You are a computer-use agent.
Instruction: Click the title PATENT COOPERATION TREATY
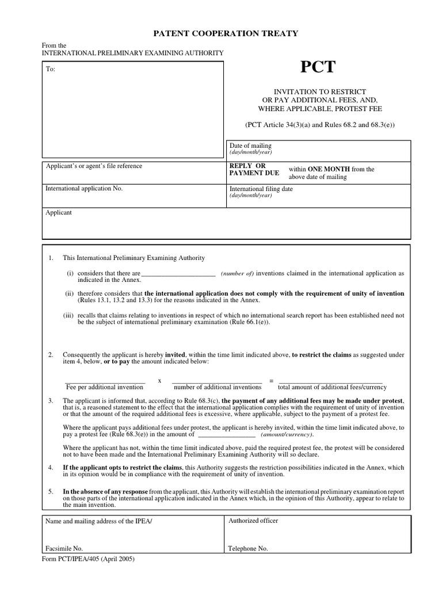coord(225,33)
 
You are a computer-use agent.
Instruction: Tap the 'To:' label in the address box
coord(51,70)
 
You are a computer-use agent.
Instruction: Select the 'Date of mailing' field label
coord(250,146)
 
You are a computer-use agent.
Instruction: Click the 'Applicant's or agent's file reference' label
coord(94,166)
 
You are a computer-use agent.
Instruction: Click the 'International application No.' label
coord(84,188)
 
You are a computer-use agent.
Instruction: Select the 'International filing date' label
coord(261,189)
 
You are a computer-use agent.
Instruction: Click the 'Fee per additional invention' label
coord(105,387)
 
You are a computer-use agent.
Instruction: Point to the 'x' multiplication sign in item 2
coord(159,381)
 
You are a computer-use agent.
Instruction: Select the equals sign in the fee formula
coord(270,381)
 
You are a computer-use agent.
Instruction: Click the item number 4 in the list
coord(51,467)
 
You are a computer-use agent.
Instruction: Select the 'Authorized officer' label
coord(253,521)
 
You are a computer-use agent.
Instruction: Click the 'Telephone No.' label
coord(248,548)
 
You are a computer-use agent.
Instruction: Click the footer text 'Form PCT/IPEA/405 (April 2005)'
coord(89,559)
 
